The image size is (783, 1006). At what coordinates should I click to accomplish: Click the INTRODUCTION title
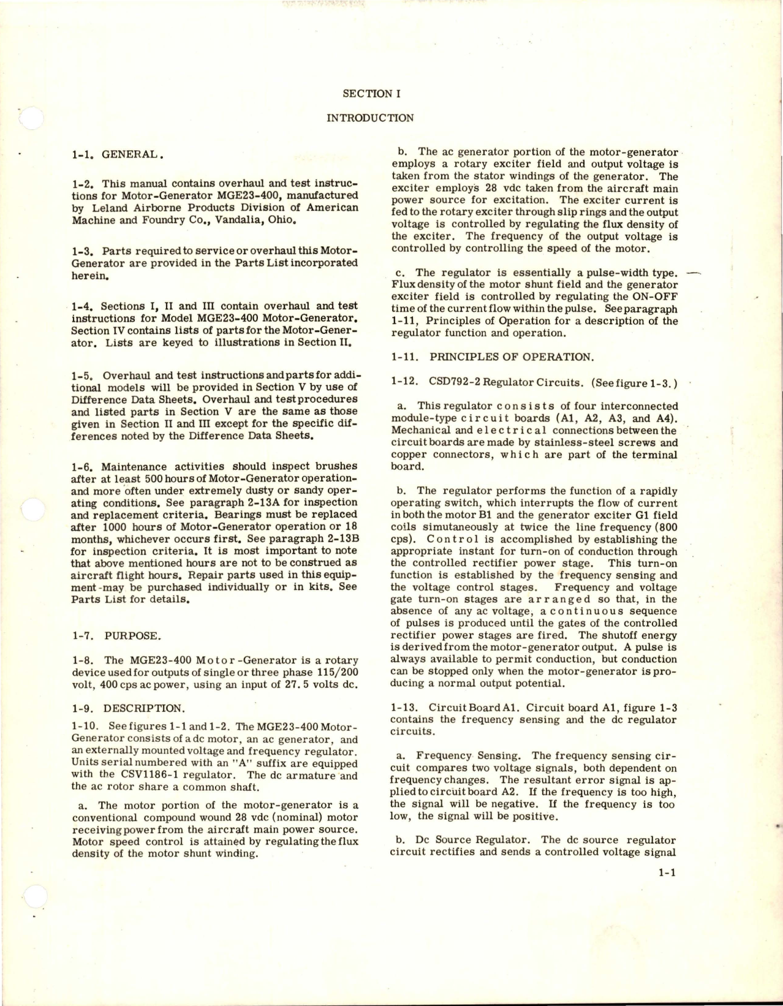(371, 118)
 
